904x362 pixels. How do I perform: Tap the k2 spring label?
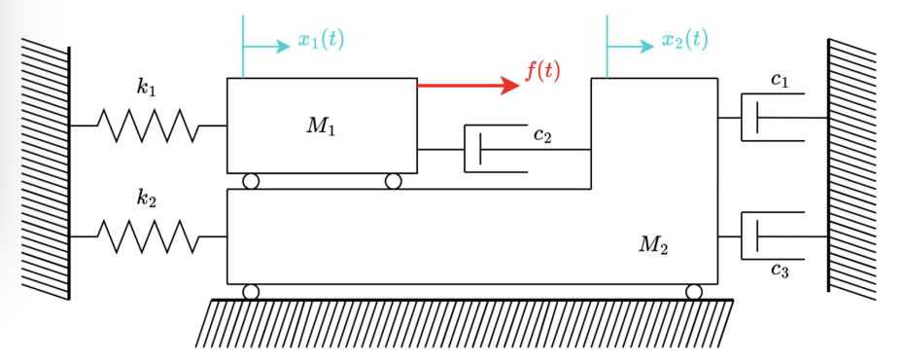coord(147,199)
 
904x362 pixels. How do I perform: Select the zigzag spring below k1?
coord(148,126)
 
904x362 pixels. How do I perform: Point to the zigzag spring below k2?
coord(148,235)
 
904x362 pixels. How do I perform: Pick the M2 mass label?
coord(653,244)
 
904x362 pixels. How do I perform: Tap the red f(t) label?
coord(542,70)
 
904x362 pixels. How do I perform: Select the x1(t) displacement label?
coord(321,40)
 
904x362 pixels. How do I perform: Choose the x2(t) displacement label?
coord(684,40)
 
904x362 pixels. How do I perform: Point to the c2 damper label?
coord(542,135)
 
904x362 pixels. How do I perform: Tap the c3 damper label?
coord(779,270)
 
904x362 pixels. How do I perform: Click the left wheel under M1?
coord(251,181)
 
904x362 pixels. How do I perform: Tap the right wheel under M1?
coord(393,181)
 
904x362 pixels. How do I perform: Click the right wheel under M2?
coord(694,292)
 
